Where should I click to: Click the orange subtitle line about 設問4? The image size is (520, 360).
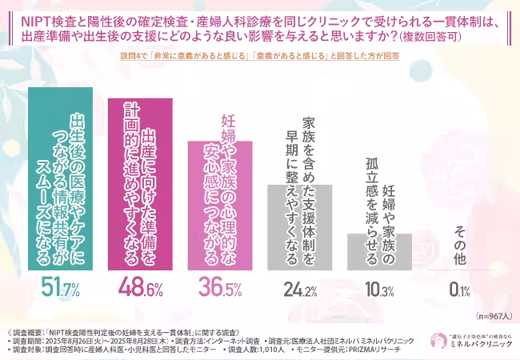coord(260,57)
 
